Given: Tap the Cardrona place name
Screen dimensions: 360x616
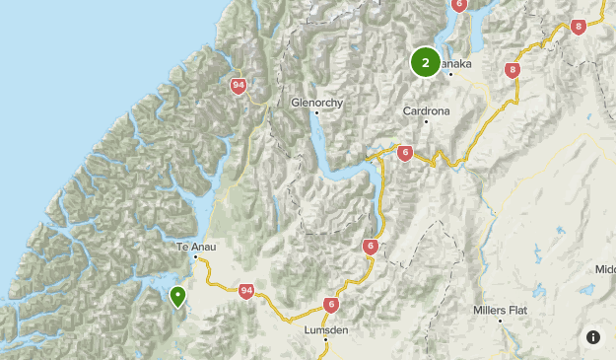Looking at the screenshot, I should (426, 111).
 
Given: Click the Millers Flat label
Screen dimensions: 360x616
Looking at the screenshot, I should (500, 310).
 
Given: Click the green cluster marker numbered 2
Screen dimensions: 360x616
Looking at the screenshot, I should (425, 62).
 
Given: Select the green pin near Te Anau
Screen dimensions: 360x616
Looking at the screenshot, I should (177, 295).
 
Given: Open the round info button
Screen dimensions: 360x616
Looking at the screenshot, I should (593, 337).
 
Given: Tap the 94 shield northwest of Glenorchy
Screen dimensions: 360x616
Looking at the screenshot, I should (238, 86).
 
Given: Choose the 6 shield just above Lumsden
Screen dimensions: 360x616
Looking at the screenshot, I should (330, 306).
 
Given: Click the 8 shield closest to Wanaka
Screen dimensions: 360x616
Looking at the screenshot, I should (512, 70).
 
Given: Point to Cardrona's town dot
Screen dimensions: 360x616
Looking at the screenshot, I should (426, 122).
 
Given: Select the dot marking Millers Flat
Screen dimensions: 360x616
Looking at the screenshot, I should (500, 321).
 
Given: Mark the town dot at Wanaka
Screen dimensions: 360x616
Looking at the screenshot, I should (450, 74).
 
